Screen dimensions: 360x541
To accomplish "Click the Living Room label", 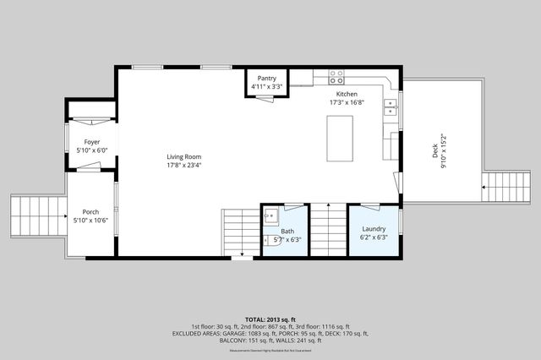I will point(183,157).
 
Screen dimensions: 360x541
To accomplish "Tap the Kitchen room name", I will point(347,94).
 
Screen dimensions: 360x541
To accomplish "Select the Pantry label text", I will point(267,79).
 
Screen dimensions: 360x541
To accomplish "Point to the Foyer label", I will point(90,142).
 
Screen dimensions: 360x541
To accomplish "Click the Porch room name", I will point(90,212).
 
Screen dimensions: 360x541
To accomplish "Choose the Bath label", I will point(287,232).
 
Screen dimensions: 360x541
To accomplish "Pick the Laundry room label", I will point(374,229).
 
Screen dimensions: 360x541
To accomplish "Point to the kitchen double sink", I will point(391,106).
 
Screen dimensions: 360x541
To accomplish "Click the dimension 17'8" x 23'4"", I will point(183,166).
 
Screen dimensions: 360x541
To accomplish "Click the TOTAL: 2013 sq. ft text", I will point(270,319).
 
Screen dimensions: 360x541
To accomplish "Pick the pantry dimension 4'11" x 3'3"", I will point(267,87).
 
